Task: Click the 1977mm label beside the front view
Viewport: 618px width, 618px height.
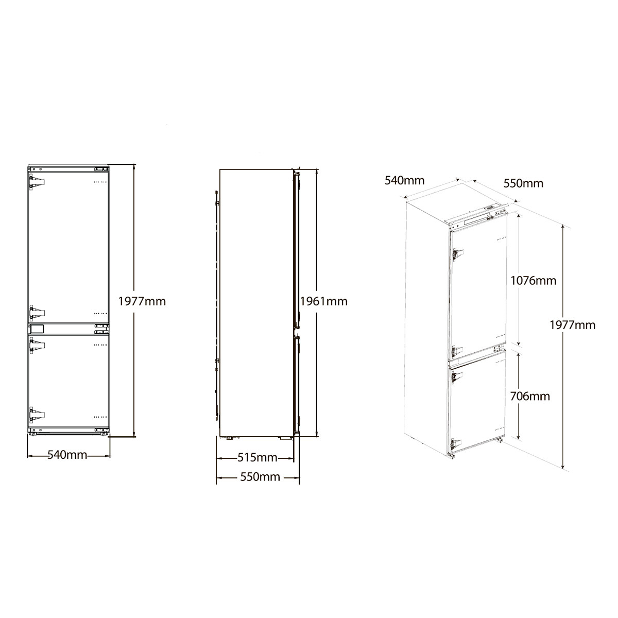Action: coord(142,301)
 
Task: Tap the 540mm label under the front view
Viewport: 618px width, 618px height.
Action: coord(67,455)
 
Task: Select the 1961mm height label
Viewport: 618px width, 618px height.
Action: coord(324,301)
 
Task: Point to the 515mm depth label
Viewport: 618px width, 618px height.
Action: coord(257,457)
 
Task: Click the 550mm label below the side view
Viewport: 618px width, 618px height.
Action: coord(261,477)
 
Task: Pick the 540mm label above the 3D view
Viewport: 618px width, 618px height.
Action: coord(405,181)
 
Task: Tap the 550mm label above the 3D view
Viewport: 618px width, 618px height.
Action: coord(523,183)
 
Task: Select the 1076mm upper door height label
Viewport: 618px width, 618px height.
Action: coord(534,281)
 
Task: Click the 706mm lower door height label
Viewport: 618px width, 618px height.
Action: coord(530,397)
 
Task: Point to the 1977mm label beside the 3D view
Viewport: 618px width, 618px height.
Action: coord(573,325)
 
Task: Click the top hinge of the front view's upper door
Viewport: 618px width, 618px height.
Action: coord(37,182)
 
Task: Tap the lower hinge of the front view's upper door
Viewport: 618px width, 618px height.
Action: coord(37,312)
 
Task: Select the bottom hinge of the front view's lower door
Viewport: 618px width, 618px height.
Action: coord(37,416)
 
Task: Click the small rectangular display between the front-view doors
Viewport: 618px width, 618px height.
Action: coord(37,329)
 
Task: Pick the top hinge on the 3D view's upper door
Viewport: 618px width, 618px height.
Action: coord(457,254)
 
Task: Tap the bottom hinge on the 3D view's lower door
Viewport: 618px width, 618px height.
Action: coord(456,444)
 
